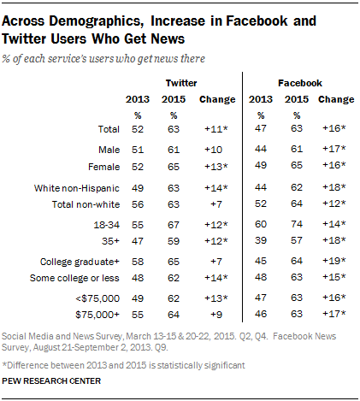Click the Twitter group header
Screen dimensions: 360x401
point(181,83)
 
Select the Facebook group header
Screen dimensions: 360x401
point(300,83)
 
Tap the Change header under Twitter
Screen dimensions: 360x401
point(217,99)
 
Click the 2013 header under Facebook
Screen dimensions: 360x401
point(261,99)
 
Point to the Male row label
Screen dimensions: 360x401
point(109,150)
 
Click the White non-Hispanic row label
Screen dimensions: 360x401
point(77,188)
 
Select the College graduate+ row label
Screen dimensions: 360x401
point(80,262)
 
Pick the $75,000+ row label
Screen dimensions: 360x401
point(97,315)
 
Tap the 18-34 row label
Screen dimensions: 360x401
point(107,225)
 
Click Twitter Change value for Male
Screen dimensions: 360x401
point(213,150)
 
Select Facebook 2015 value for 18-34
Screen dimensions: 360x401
point(297,224)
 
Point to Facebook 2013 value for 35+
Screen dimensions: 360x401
point(261,240)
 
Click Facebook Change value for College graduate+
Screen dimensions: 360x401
point(333,261)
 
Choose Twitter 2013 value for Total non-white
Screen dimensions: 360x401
point(138,204)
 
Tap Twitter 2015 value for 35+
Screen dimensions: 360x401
point(174,241)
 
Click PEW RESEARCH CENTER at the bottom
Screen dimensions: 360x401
point(51,381)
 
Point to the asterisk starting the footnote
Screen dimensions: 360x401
point(4,364)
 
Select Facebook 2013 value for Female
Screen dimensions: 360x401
point(261,165)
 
